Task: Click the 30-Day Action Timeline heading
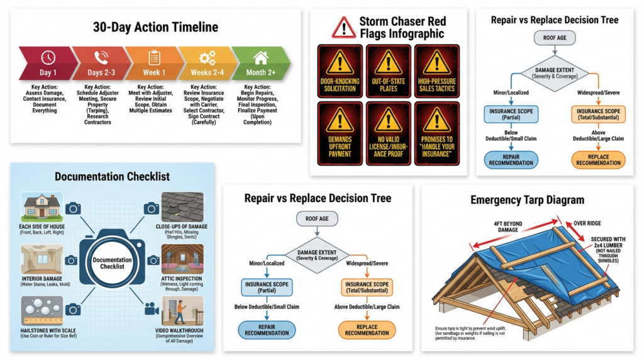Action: pyautogui.click(x=155, y=27)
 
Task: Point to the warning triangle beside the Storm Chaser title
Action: pyautogui.click(x=343, y=27)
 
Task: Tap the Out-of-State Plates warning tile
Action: pyautogui.click(x=389, y=70)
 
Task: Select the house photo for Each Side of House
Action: pyautogui.click(x=41, y=205)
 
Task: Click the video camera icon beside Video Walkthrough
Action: pyautogui.click(x=151, y=309)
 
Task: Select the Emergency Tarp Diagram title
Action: pyautogui.click(x=527, y=200)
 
